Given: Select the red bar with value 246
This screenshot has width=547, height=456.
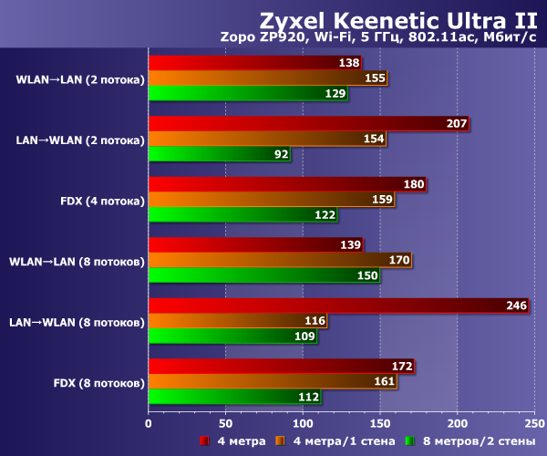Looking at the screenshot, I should coord(338,306).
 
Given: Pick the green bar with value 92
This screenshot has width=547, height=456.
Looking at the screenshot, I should coord(220,155).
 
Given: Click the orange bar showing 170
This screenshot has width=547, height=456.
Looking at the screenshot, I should coord(280,261).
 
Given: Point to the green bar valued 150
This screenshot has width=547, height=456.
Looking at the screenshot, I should coord(264,275).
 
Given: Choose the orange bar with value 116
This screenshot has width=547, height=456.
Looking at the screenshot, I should coord(238,321).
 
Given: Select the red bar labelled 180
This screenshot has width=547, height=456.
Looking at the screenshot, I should coord(287,184).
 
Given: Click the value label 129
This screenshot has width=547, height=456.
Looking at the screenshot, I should coord(335,94).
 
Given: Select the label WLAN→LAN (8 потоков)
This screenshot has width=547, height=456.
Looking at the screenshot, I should coord(77,262).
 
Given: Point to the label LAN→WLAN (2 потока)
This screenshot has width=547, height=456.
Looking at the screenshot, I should coord(80,140).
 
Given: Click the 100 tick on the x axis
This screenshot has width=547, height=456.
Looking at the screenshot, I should coord(303,423).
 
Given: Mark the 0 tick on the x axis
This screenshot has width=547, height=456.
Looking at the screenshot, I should coord(149,423).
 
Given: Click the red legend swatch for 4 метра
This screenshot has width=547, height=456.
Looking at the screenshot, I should coord(205,441).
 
